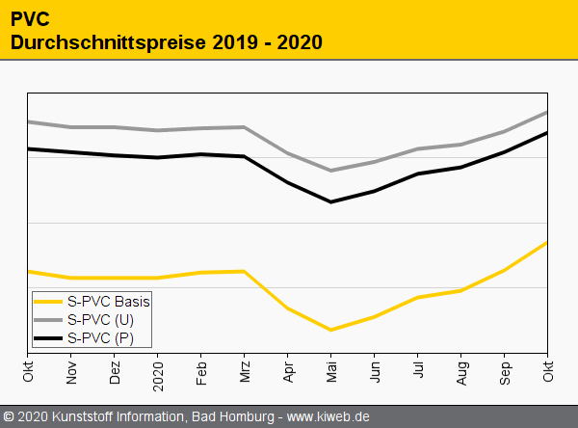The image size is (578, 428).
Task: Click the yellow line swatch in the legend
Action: [x=49, y=301]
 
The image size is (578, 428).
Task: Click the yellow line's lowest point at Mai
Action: [x=331, y=330]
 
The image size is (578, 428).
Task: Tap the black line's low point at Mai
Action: [x=331, y=201]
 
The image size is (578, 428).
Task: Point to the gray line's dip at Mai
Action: [x=331, y=171]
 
